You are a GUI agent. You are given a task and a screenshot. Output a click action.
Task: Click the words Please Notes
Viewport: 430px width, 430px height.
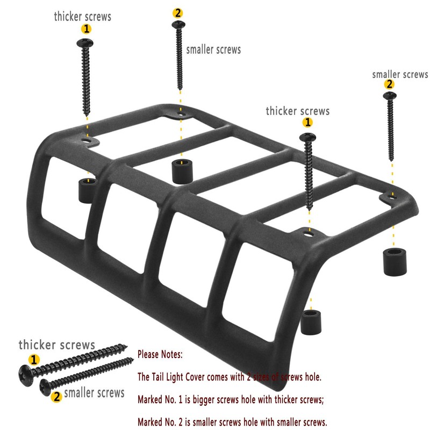(160, 355)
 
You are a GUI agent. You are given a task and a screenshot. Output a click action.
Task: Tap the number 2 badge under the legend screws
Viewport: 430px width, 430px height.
(56, 397)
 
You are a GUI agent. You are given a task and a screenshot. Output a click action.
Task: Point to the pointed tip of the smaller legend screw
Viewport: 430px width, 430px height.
(132, 359)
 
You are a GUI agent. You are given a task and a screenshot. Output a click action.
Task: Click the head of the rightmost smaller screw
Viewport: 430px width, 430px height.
(389, 97)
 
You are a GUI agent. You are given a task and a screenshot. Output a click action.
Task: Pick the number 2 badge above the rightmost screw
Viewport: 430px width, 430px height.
(389, 84)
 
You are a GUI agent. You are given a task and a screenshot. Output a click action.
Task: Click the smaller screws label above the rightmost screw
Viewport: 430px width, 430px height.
(400, 74)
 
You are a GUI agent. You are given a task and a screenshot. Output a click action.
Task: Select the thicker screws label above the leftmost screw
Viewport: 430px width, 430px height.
(82, 17)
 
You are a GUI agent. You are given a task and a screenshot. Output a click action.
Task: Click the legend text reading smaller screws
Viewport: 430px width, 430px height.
(94, 392)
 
